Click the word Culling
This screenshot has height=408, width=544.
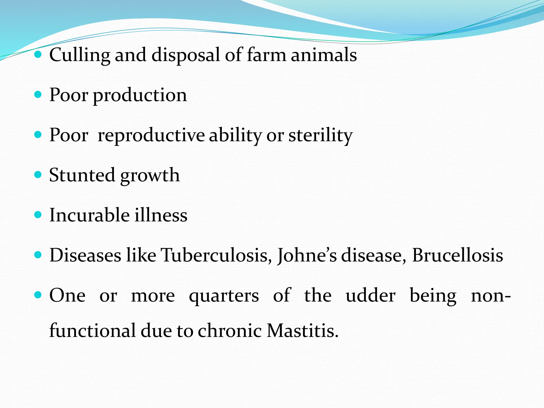pyautogui.click(x=79, y=55)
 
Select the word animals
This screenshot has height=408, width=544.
pyautogui.click(x=324, y=55)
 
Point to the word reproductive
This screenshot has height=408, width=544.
pyautogui.click(x=151, y=136)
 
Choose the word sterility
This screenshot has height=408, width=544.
pyautogui.click(x=321, y=136)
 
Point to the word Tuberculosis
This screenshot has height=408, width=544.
pyautogui.click(x=216, y=255)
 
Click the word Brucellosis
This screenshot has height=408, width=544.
pyautogui.click(x=457, y=255)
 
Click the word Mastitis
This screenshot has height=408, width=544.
pyautogui.click(x=303, y=331)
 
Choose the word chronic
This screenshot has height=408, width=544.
pyautogui.click(x=229, y=331)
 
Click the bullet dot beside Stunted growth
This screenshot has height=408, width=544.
pyautogui.click(x=38, y=175)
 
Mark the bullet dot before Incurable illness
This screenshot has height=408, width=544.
pyautogui.click(x=38, y=215)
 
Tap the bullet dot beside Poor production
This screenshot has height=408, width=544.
pyautogui.click(x=38, y=95)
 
